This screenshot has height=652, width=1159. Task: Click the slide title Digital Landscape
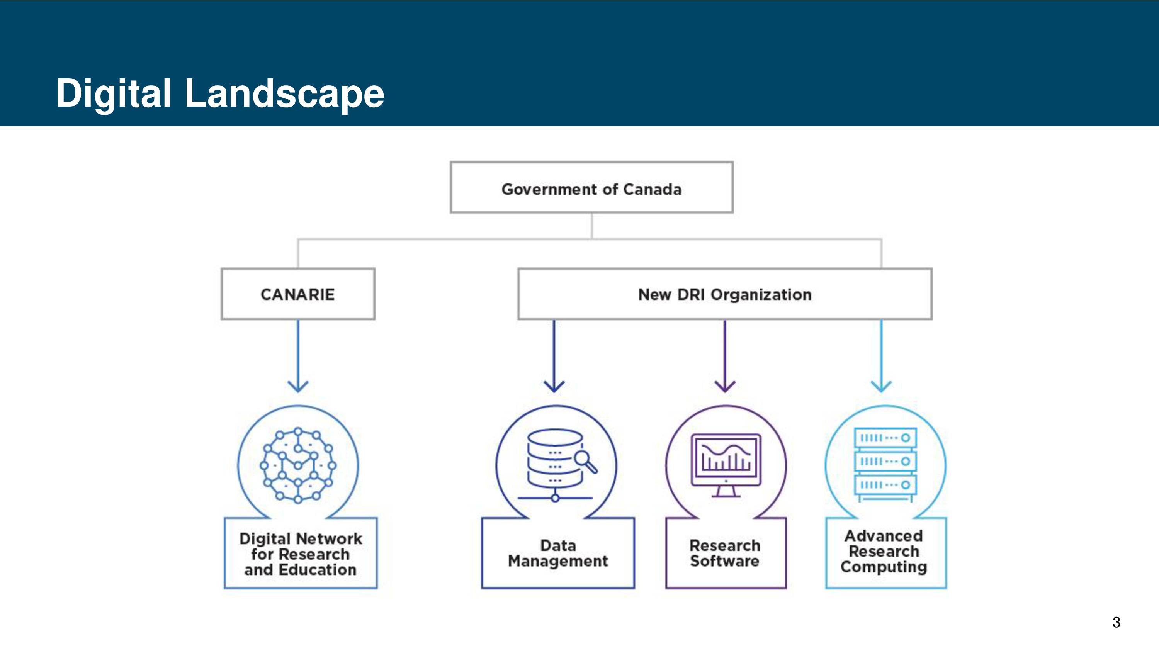click(220, 94)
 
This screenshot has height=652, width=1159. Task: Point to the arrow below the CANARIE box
click(298, 356)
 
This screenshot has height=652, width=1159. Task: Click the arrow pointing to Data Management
click(554, 356)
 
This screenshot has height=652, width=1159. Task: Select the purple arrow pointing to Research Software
click(725, 356)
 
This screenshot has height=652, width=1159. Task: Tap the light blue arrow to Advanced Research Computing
click(881, 356)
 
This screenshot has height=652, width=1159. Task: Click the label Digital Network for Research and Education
click(301, 554)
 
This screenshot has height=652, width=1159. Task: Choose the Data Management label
click(558, 553)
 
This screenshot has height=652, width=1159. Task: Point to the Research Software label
click(725, 553)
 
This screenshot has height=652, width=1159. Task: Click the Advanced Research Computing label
click(884, 552)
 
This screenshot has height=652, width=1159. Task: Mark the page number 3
click(1116, 622)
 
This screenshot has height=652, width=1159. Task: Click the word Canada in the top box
click(653, 189)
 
